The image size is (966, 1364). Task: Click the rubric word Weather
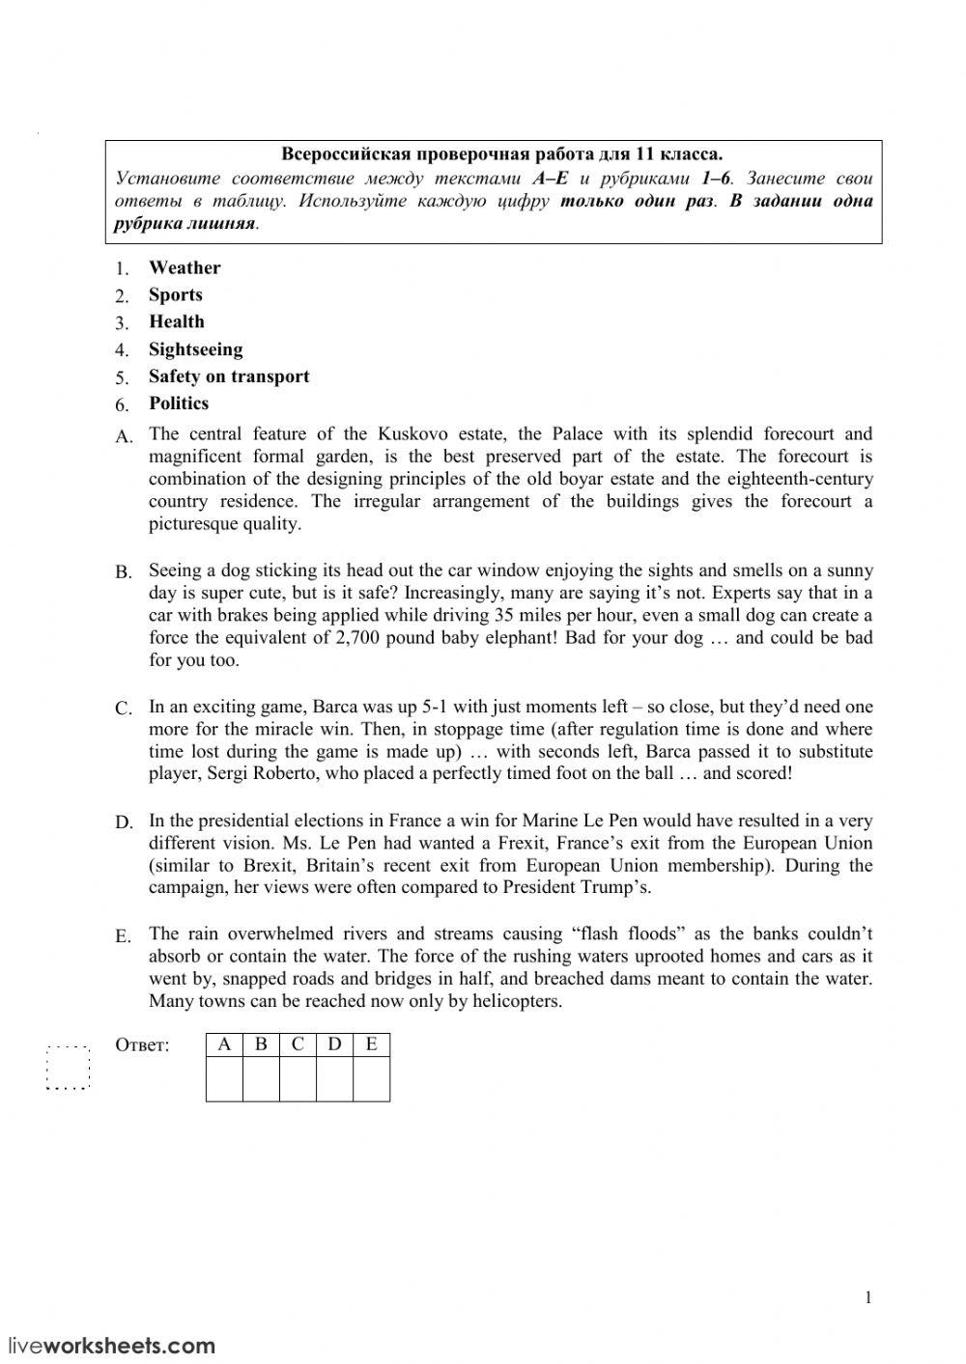pos(184,267)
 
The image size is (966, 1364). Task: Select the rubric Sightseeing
pos(195,349)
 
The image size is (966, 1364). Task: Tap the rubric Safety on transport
pos(229,376)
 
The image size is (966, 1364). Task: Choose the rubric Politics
pos(178,404)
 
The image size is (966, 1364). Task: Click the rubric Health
pos(176,322)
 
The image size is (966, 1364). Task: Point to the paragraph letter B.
pos(123,572)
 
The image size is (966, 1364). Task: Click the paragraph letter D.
pos(124,822)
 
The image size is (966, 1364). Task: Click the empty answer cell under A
pos(224,1079)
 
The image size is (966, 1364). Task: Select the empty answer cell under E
pos(371,1079)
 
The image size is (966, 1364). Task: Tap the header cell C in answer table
pos(298,1044)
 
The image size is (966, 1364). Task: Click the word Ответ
pos(142,1045)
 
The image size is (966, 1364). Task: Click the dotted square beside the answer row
pos(68,1067)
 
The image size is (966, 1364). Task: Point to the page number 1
pos(867,1297)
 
